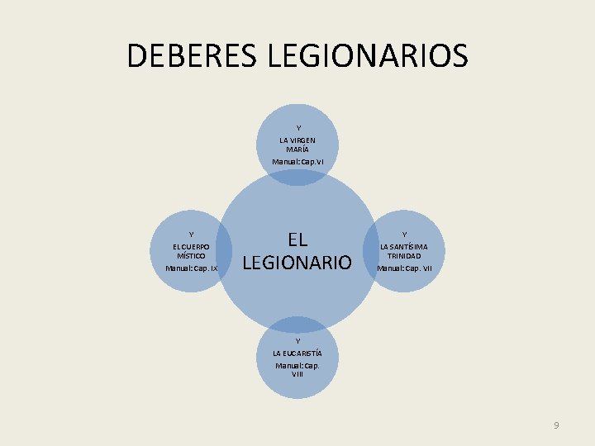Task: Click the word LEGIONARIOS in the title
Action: [x=368, y=56]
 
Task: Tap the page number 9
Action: [x=556, y=425]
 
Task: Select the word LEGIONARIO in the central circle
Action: [x=297, y=263]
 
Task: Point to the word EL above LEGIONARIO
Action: [x=297, y=240]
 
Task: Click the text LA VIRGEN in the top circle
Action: [x=297, y=140]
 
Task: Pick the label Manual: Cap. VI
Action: [x=297, y=161]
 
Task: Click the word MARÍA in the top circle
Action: [x=297, y=149]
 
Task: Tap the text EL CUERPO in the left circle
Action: [x=191, y=246]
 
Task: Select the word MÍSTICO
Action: [x=191, y=256]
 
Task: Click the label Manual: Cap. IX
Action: [x=191, y=268]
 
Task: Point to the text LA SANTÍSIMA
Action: [x=404, y=246]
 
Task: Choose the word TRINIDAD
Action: [x=404, y=256]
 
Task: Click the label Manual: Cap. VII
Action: [x=404, y=268]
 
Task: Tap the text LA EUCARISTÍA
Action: [x=297, y=353]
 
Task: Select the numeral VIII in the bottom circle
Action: [x=297, y=374]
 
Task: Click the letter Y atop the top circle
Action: [x=297, y=128]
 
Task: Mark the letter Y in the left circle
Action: [x=191, y=235]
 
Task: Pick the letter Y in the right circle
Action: [x=404, y=235]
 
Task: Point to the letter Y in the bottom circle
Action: [x=297, y=341]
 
